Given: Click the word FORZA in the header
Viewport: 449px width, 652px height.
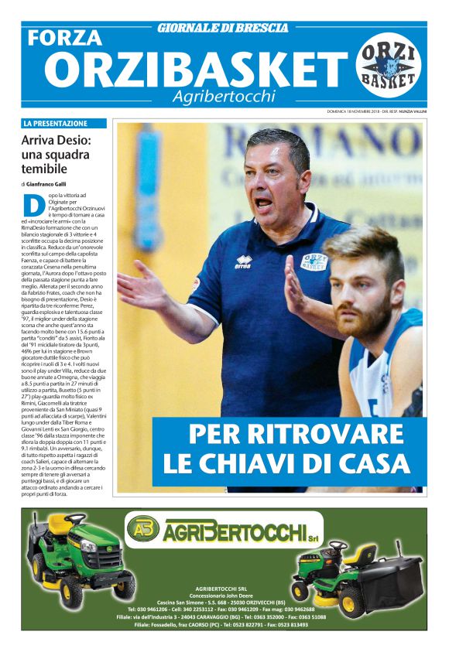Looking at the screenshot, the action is tap(64, 37).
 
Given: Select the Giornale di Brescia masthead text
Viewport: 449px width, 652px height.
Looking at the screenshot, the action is tap(223, 28).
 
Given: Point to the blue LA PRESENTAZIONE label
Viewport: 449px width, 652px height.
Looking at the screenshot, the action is tap(64, 123).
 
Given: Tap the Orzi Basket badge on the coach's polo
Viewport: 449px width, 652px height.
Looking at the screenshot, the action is tap(314, 262).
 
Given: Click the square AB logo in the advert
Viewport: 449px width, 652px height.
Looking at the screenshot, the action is tap(143, 529).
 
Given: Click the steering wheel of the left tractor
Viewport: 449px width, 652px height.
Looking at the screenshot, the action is tap(75, 520).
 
